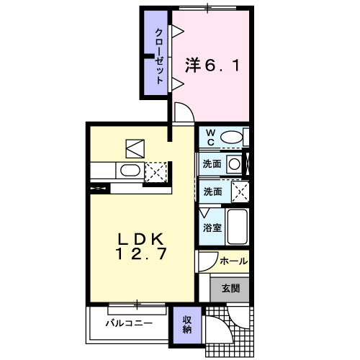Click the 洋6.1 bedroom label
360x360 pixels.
212,66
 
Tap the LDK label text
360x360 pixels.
140,239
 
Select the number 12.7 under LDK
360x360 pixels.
141,253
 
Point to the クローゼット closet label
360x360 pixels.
159,56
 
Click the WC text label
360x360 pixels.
210,138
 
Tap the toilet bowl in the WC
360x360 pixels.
232,138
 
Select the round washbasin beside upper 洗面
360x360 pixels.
234,164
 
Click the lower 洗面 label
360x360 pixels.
212,192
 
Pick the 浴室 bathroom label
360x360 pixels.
212,228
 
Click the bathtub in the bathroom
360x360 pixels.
238,227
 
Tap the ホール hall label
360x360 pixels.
233,261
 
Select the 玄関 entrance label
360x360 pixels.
230,288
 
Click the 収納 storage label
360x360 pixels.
187,325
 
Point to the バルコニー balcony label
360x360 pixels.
129,323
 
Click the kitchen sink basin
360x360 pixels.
130,171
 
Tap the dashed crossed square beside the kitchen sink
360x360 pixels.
156,172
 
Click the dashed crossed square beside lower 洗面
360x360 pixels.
240,192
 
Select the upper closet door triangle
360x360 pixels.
178,31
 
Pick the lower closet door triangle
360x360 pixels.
178,84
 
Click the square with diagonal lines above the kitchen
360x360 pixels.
135,149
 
